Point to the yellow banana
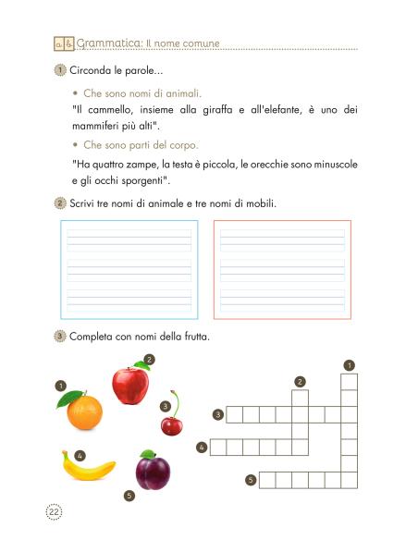88,467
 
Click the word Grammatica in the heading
109,43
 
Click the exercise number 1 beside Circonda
60,71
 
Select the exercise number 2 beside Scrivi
60,202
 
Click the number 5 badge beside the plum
129,496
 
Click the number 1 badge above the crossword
349,365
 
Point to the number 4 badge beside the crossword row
202,448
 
